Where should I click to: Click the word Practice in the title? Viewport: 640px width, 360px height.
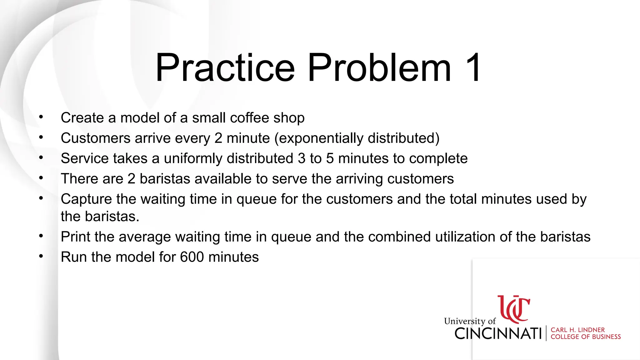pyautogui.click(x=225, y=68)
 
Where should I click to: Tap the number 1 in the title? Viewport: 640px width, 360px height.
pyautogui.click(x=473, y=68)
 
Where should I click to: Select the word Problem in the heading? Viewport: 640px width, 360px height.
pyautogui.click(x=379, y=68)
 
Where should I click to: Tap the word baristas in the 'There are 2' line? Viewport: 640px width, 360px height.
pyautogui.click(x=164, y=179)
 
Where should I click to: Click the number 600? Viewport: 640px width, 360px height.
pyautogui.click(x=192, y=257)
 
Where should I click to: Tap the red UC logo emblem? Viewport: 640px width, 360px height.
pyautogui.click(x=514, y=309)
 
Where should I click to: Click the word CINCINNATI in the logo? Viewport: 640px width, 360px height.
pyautogui.click(x=498, y=333)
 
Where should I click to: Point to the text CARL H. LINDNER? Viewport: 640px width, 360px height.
pyautogui.click(x=577, y=330)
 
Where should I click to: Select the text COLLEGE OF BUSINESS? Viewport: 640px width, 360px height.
pyautogui.click(x=585, y=337)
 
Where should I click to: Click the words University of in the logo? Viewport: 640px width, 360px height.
pyautogui.click(x=469, y=321)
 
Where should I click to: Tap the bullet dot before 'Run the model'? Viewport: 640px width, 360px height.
pyautogui.click(x=41, y=256)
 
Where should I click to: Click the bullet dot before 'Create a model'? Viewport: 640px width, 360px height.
pyautogui.click(x=41, y=117)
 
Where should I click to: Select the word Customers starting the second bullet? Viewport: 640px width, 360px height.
pyautogui.click(x=95, y=138)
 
